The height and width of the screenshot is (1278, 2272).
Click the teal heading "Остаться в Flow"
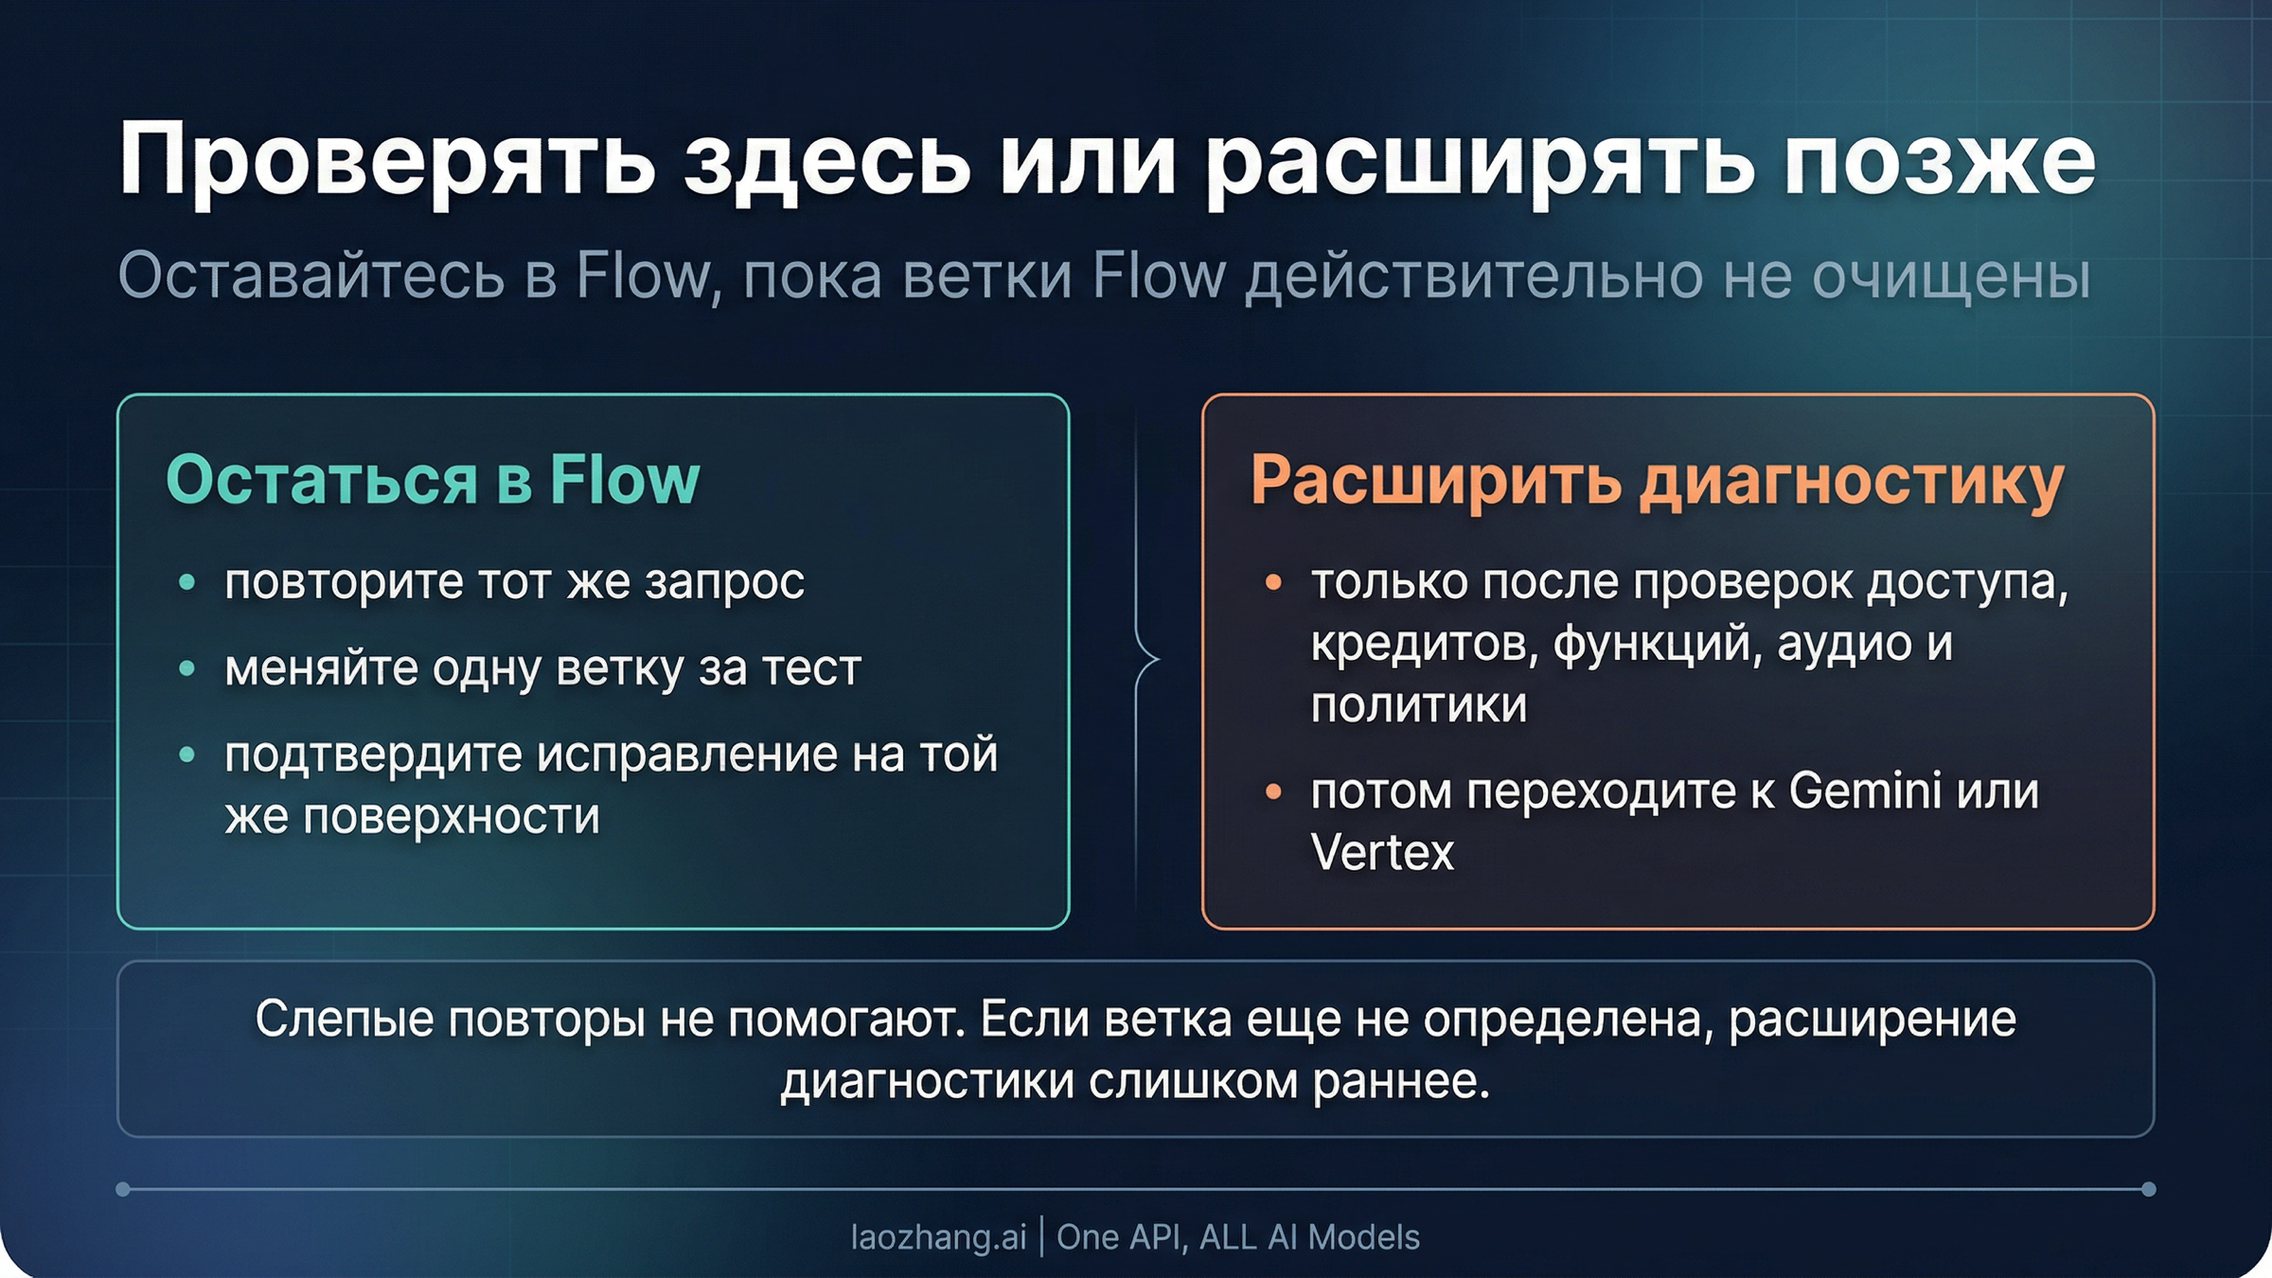coord(433,480)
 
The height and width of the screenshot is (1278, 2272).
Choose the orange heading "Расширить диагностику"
coord(1657,480)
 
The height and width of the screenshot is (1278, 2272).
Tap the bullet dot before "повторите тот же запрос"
coord(187,582)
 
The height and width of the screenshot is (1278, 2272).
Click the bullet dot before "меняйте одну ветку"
coord(187,669)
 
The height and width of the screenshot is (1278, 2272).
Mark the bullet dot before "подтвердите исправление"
coord(187,755)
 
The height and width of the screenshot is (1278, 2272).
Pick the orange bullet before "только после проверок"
coord(1273,582)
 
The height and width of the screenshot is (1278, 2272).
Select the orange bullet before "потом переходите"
coord(1273,791)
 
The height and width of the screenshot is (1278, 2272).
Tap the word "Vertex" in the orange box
coord(1382,852)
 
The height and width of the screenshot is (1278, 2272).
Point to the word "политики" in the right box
coord(1418,705)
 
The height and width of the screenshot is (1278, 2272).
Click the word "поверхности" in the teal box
coord(451,816)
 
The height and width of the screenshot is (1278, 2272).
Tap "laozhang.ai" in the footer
coord(938,1237)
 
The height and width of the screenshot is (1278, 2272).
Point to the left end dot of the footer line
coord(123,1189)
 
